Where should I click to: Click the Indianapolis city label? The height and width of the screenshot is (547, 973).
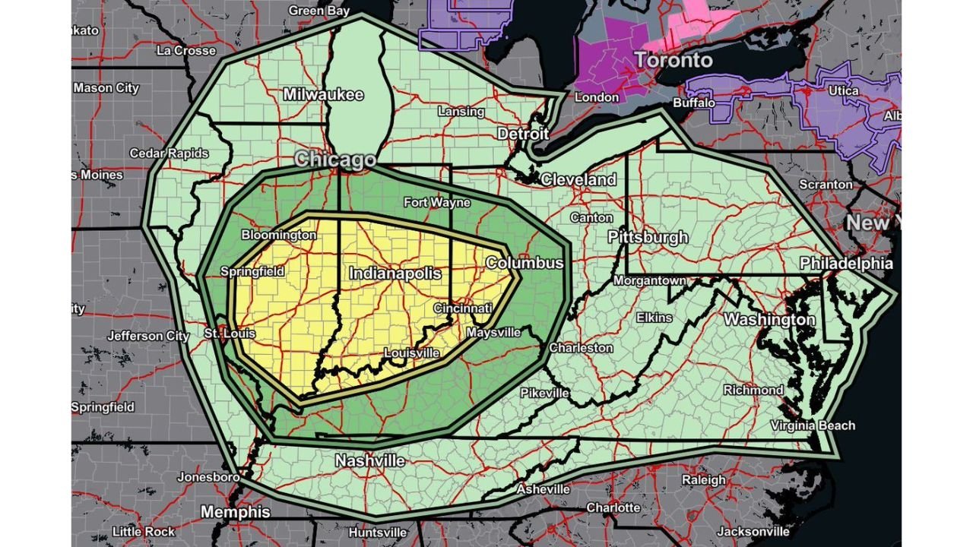pos(395,273)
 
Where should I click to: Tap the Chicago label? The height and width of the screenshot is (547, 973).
pos(335,159)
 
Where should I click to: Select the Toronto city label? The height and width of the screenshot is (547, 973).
pos(673,60)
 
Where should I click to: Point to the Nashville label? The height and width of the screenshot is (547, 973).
pos(370,461)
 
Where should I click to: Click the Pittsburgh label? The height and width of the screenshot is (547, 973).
pos(648,237)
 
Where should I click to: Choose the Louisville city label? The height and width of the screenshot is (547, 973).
pos(411,353)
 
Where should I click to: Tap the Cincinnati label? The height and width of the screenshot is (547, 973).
pos(463,308)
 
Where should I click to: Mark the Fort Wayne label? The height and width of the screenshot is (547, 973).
pos(436,203)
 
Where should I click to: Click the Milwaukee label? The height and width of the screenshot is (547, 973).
pos(323,95)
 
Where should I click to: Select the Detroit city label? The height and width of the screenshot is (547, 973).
pos(523,134)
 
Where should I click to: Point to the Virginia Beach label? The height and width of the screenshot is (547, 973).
pos(813,425)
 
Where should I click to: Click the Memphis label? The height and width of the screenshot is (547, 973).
pos(235,512)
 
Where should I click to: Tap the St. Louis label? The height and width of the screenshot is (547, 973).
pos(230,334)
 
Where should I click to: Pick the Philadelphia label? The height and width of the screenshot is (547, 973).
pos(846,264)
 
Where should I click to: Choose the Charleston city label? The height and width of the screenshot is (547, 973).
pos(581,348)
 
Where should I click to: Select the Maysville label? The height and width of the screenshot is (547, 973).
pos(493,333)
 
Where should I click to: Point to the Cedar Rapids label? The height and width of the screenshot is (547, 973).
pos(169,153)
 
